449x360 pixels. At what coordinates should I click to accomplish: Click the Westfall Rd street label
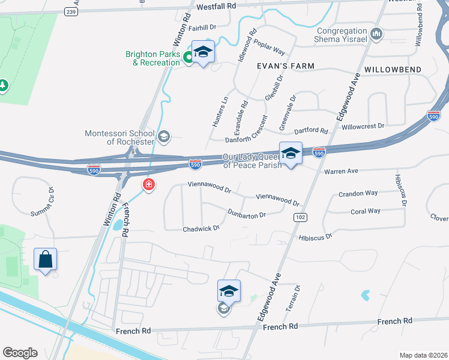216,5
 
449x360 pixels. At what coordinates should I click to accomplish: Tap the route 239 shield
71,11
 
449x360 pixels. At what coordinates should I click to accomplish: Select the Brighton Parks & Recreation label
152,58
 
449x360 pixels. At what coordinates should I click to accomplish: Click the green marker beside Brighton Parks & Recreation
188,58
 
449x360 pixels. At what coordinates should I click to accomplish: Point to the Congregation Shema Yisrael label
342,35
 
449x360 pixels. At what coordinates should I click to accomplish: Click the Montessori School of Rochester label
119,137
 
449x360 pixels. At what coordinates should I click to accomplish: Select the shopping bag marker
46,260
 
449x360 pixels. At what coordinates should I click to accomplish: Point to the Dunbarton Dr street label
247,213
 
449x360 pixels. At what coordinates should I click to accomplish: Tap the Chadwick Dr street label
201,228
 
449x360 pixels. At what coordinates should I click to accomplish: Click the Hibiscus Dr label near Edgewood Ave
315,238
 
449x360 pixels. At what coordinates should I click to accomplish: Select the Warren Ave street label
341,171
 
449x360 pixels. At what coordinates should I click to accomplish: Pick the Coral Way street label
365,211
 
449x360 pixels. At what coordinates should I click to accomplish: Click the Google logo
20,353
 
